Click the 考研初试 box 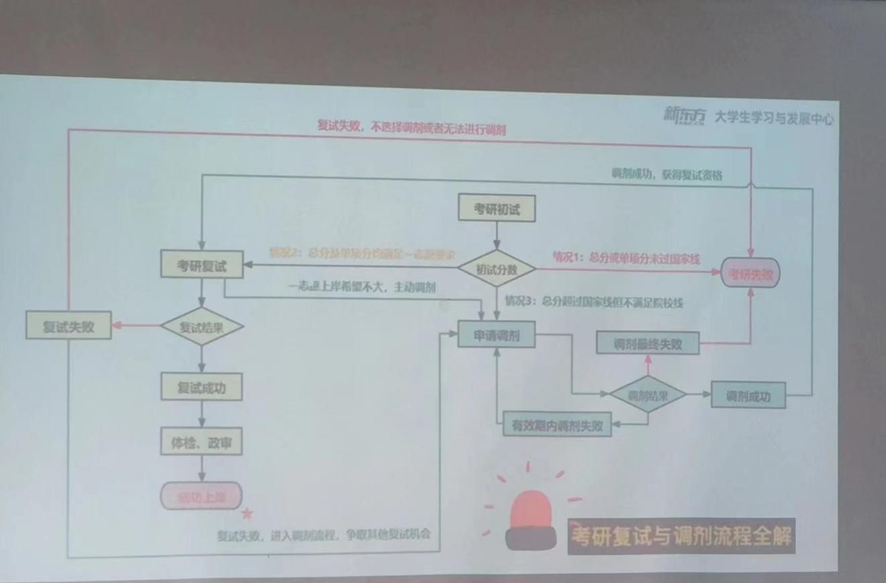[496, 209]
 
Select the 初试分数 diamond [497, 269]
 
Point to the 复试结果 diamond [202, 327]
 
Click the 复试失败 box [68, 327]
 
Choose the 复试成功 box [201, 388]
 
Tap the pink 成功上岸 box [201, 497]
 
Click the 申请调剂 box [496, 335]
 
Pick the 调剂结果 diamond [648, 395]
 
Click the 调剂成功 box [748, 396]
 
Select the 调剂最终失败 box [648, 344]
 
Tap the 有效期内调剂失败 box [557, 425]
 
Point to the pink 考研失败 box [751, 274]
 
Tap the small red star [247, 514]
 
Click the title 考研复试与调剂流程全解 [681, 536]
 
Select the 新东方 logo [685, 116]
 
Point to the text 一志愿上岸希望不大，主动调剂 [362, 287]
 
